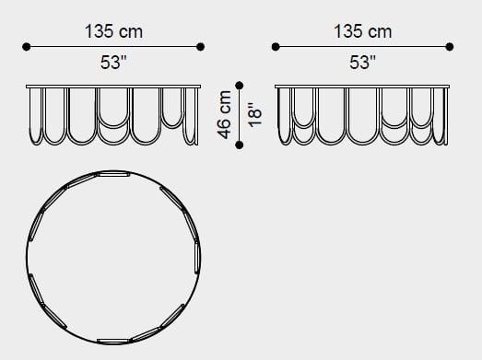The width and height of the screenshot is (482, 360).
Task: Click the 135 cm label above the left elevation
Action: [113, 31]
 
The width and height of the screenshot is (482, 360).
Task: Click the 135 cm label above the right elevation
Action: [362, 31]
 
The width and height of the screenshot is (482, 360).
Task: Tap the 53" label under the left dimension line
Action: [113, 62]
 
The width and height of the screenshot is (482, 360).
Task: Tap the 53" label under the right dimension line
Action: [362, 62]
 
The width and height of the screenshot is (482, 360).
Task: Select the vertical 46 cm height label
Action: [224, 114]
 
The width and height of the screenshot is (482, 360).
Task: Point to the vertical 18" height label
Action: [255, 114]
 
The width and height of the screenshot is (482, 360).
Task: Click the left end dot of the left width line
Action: [27, 47]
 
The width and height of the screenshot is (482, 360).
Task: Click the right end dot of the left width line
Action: [200, 47]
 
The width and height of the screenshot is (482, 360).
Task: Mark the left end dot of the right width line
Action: [276, 47]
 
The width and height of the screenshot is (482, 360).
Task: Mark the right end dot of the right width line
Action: [450, 47]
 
